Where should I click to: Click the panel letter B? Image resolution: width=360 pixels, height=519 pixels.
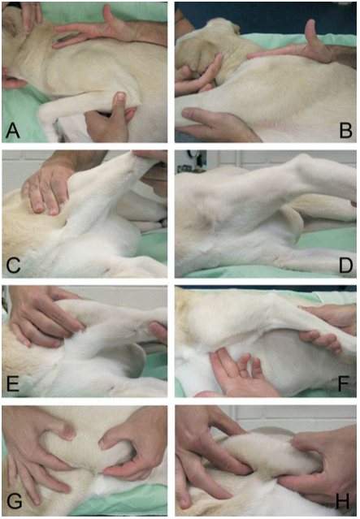click(x=346, y=130)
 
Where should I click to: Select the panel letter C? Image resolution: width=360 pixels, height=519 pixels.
click(x=13, y=266)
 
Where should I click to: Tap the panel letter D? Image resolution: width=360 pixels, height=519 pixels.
click(x=345, y=266)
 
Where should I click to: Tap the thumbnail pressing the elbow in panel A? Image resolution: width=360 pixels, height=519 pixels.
click(x=121, y=97)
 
